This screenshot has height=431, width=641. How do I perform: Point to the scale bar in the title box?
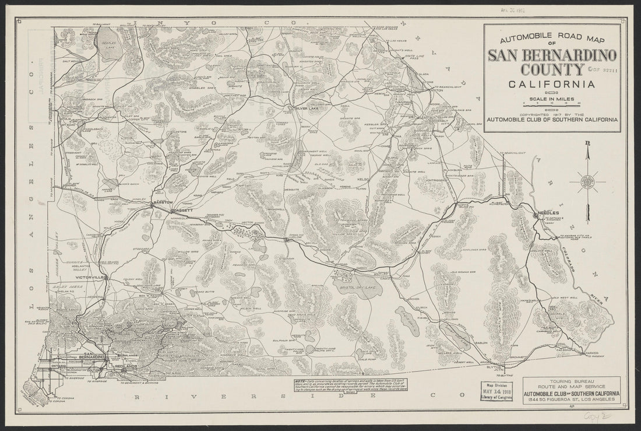tap(551, 104)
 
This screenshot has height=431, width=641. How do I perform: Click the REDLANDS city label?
tap(126, 366)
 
